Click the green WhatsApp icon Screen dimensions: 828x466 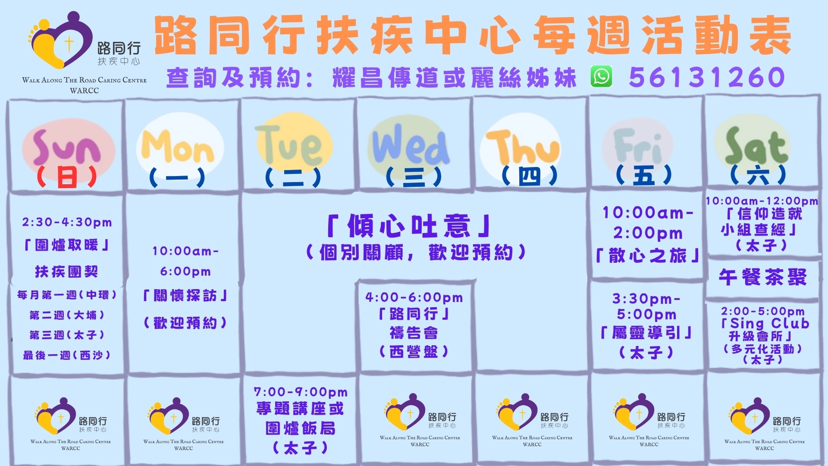pyautogui.click(x=601, y=77)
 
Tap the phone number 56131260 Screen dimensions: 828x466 pyautogui.click(x=707, y=77)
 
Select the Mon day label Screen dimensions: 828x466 pyautogui.click(x=178, y=147)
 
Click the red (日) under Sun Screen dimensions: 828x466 pyautogui.click(x=66, y=177)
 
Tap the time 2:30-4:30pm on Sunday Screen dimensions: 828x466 pyautogui.click(x=67, y=222)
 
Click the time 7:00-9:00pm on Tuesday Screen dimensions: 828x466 pyautogui.click(x=301, y=392)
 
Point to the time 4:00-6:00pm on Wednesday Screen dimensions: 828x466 pyautogui.click(x=414, y=297)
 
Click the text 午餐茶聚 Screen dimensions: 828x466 pyautogui.click(x=762, y=277)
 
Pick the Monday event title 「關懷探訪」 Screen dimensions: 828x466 pyautogui.click(x=185, y=296)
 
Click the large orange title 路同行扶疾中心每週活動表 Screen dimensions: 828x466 pyautogui.click(x=473, y=35)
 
